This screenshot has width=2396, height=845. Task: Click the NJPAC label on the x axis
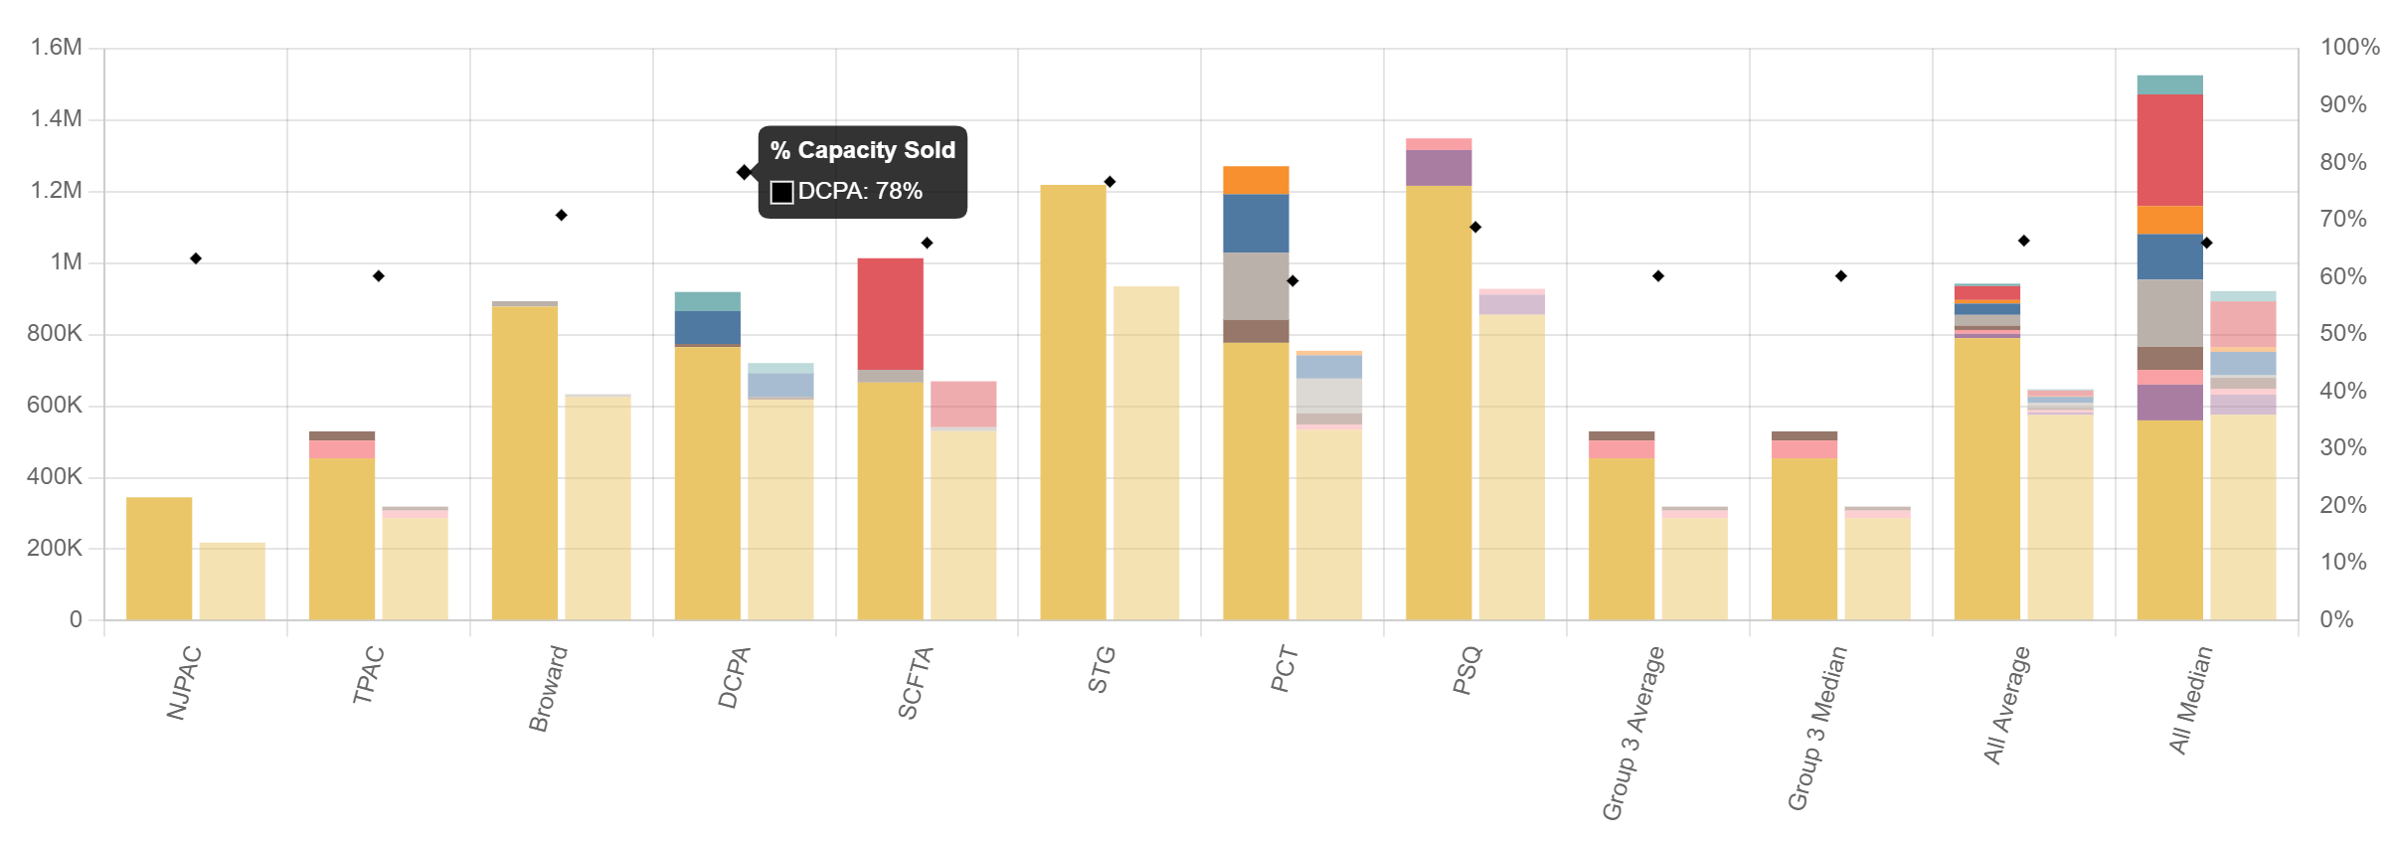(185, 683)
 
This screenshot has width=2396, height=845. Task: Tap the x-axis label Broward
(549, 688)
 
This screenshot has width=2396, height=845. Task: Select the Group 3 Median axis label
(1817, 728)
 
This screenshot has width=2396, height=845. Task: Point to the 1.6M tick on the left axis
(56, 47)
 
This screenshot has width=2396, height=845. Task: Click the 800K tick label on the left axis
(55, 333)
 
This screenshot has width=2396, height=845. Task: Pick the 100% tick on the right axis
(2349, 47)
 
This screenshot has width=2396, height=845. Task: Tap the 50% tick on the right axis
(2342, 333)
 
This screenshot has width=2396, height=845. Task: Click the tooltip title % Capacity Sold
(862, 150)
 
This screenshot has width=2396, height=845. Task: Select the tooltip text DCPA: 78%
(860, 191)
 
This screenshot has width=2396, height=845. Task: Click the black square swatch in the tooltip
(781, 192)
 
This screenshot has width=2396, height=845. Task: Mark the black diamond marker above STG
(1110, 182)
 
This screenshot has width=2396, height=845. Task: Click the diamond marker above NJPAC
(196, 258)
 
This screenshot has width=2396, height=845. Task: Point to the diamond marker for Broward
(561, 215)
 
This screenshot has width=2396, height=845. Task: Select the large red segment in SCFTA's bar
(890, 313)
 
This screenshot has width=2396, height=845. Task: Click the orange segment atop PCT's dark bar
(1256, 180)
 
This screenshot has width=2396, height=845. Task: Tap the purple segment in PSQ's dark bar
(1439, 168)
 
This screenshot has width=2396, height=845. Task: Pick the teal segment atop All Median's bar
(2169, 84)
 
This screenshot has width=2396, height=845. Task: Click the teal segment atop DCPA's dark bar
(707, 301)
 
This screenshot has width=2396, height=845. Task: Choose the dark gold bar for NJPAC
(159, 558)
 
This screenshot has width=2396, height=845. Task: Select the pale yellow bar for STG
(1146, 452)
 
